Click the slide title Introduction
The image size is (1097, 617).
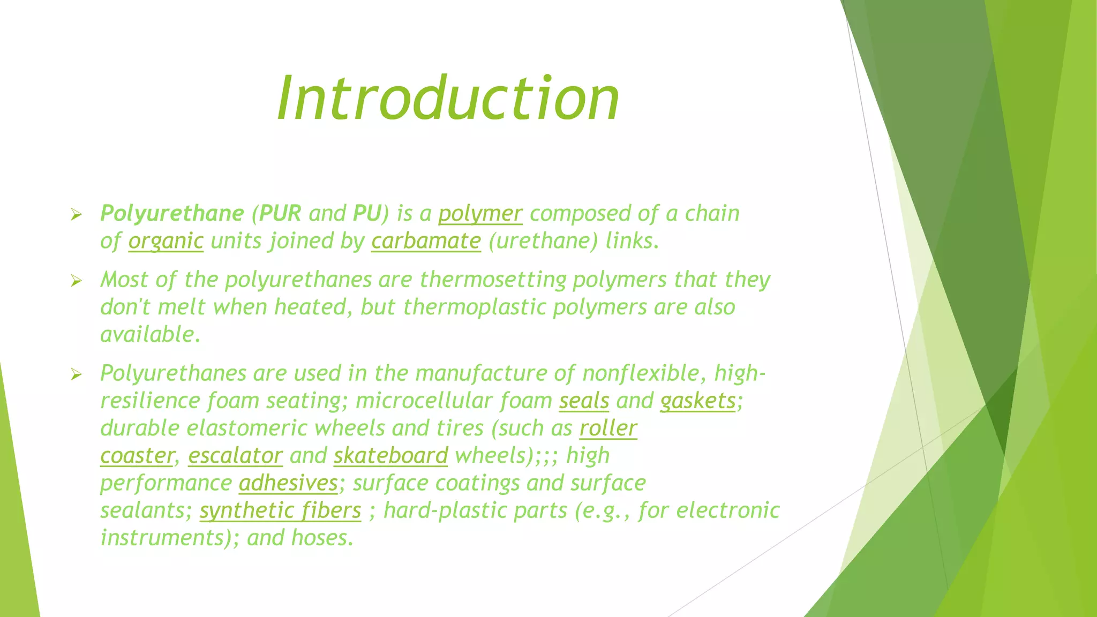tap(448, 99)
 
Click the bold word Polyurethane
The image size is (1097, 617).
tap(172, 214)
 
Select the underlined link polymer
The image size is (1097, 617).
tap(480, 214)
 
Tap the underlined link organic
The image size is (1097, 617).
tap(166, 241)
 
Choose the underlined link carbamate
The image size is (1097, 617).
tap(426, 241)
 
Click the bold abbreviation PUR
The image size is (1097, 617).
tap(280, 214)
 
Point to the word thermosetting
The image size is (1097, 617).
tap(493, 280)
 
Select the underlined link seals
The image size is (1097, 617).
tap(584, 401)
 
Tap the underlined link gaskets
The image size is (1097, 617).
tap(698, 401)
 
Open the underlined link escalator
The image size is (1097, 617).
tap(235, 456)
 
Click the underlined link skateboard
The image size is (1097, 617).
tap(390, 456)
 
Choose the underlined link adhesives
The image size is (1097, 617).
tap(288, 483)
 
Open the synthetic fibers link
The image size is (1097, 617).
tap(280, 510)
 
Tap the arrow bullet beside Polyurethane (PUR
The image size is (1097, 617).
tap(76, 215)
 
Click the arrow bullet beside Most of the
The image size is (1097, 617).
tap(76, 281)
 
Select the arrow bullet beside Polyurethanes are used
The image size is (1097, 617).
tap(76, 375)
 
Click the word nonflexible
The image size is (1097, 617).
tap(641, 373)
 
